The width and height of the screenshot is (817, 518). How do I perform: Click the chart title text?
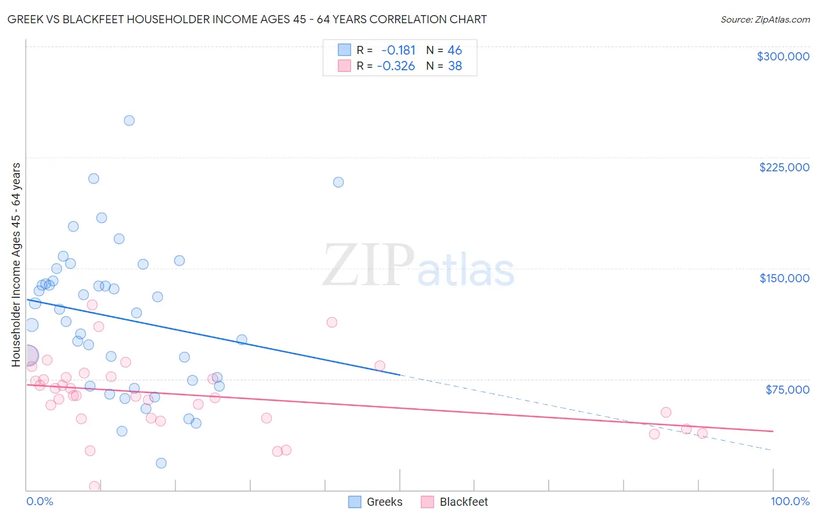click(x=247, y=19)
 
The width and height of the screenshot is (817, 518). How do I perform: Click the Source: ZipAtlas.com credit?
click(x=765, y=19)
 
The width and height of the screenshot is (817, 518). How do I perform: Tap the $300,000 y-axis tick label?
click(x=783, y=56)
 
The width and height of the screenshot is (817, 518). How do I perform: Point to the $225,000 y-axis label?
click(x=784, y=167)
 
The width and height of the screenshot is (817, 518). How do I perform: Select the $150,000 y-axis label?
click(x=784, y=278)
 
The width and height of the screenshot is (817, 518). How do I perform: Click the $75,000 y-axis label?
click(x=787, y=390)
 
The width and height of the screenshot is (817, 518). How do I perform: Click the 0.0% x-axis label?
click(x=40, y=501)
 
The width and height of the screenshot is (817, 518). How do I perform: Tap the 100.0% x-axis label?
click(x=790, y=501)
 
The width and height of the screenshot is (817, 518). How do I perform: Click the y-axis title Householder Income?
click(x=16, y=264)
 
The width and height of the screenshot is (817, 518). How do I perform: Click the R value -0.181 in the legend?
click(x=398, y=50)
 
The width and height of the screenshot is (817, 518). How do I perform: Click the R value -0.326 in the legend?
click(x=396, y=66)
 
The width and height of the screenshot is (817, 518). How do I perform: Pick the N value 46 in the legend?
click(x=454, y=50)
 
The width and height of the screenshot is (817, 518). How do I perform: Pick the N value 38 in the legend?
click(x=454, y=66)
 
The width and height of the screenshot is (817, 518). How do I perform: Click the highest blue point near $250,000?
click(x=129, y=121)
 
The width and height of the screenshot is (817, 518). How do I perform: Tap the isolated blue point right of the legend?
click(x=338, y=182)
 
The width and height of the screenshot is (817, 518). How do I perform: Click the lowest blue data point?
click(x=161, y=463)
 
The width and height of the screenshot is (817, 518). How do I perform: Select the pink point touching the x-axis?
click(x=94, y=486)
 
